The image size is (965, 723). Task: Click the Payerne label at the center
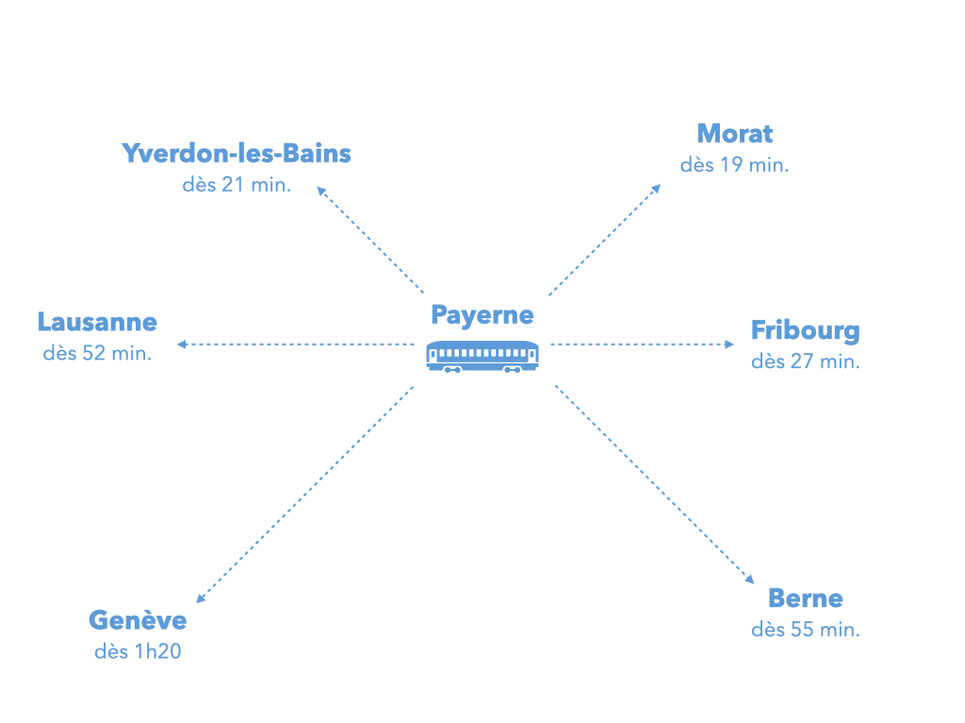(x=482, y=314)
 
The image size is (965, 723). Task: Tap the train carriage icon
(x=482, y=356)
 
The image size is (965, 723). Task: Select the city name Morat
(x=734, y=134)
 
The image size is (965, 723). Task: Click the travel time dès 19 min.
(x=734, y=165)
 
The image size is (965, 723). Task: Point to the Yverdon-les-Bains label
(x=237, y=153)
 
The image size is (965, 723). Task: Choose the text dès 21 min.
(x=237, y=185)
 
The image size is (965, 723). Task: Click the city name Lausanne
(x=97, y=322)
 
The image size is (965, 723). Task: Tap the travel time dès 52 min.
(x=97, y=354)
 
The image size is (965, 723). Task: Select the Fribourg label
(x=805, y=330)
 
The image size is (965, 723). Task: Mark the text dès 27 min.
(x=805, y=361)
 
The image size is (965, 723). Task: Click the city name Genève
(x=138, y=620)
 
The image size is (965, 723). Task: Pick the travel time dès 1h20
(x=138, y=651)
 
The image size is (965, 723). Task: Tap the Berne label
(x=805, y=598)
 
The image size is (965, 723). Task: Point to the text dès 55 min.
(x=805, y=630)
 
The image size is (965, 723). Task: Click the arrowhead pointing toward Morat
(x=657, y=186)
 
